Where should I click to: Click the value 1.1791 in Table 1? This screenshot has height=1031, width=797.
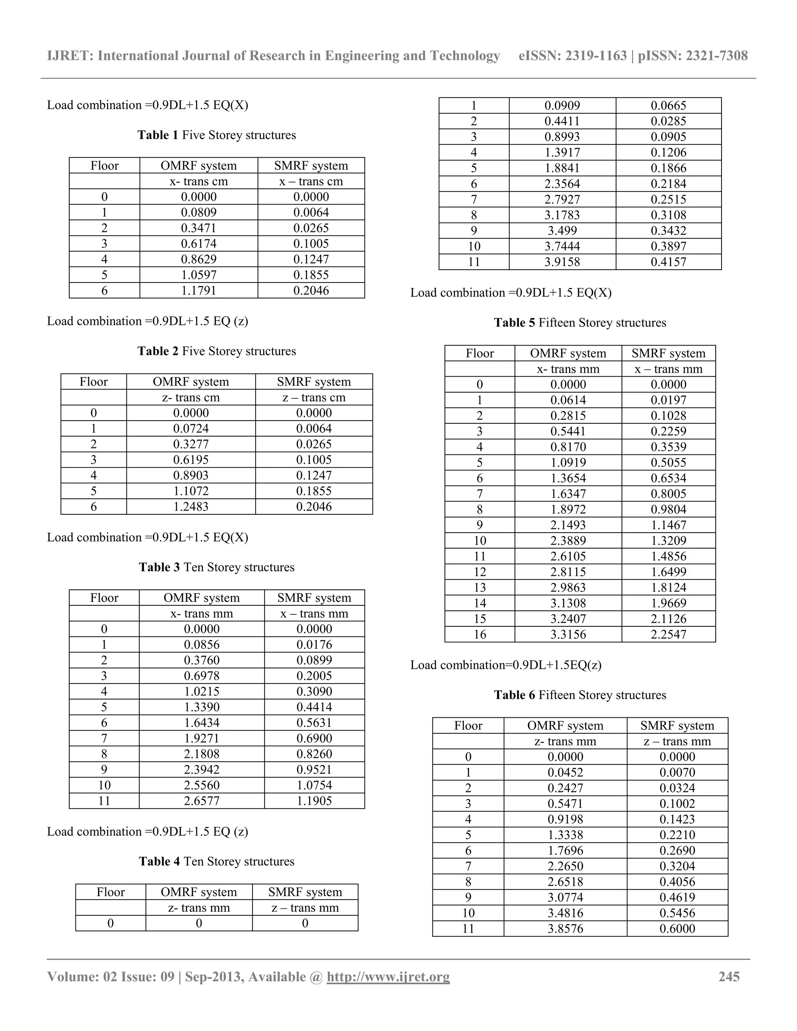[198, 291]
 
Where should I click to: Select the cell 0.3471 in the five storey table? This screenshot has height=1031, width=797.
[198, 228]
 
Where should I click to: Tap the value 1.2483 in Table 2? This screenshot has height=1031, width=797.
[191, 507]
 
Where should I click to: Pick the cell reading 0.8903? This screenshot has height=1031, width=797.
[191, 475]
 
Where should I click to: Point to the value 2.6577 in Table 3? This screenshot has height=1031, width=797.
[202, 801]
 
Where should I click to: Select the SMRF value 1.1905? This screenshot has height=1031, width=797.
[314, 801]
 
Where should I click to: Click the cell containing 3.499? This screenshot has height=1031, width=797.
[562, 231]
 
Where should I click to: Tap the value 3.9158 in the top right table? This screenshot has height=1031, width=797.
[562, 262]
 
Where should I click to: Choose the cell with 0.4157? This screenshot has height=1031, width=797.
[668, 262]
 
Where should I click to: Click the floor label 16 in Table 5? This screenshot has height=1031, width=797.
[480, 635]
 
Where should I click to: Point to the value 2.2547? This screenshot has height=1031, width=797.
[668, 635]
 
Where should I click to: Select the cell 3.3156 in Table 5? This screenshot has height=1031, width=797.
[568, 635]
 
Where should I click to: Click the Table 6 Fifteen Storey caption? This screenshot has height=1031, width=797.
[580, 695]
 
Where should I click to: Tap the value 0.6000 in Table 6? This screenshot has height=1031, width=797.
[677, 929]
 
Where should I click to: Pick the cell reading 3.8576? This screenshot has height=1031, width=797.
[565, 929]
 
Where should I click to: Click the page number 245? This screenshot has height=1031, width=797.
[729, 977]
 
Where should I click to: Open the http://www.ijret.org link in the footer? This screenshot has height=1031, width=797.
[388, 977]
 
